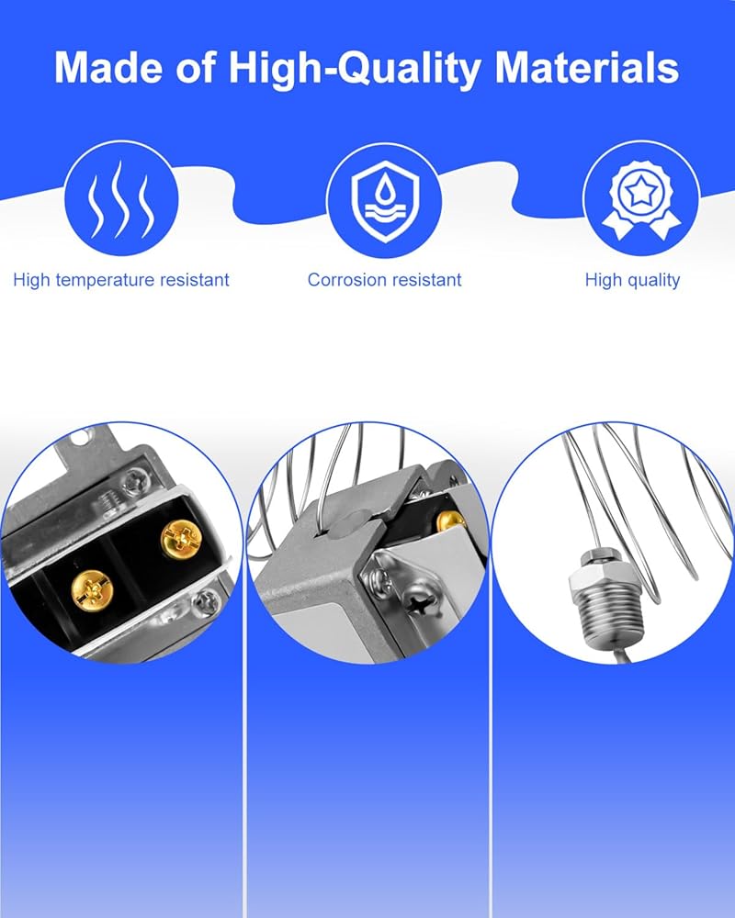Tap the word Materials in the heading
587,68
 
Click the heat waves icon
120,199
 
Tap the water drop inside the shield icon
385,188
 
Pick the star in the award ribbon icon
641,189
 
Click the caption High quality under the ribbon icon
632,280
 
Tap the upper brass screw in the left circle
182,539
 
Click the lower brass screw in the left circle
92,590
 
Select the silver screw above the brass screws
132,482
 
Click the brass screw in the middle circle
451,521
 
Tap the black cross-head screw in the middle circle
421,602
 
